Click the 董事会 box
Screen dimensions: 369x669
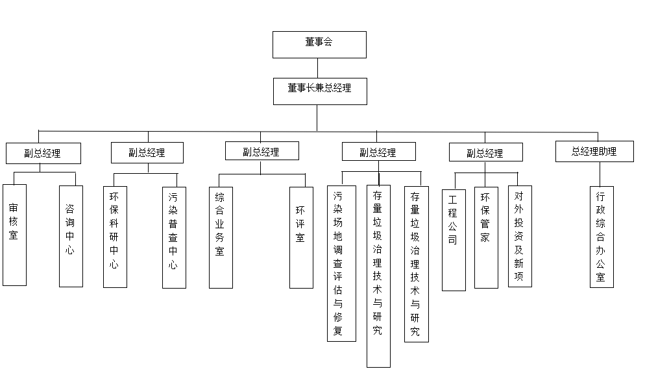click(319, 45)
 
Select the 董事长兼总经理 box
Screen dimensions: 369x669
click(319, 91)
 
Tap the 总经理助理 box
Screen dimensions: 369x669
click(594, 152)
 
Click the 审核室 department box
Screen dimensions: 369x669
click(14, 235)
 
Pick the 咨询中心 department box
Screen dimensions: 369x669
click(71, 237)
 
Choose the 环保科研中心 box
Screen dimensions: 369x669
click(115, 237)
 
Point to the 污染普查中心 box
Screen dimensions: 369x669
click(173, 238)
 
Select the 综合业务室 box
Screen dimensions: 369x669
click(221, 237)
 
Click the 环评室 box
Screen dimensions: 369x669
click(301, 237)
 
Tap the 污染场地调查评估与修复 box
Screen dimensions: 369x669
click(341, 263)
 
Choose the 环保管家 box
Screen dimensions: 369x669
click(486, 238)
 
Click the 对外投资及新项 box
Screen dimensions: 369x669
click(520, 237)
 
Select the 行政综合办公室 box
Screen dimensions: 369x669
click(602, 237)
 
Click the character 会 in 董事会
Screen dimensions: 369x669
click(329, 42)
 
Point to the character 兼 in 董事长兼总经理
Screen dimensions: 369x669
click(319, 88)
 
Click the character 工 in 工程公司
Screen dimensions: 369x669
click(453, 197)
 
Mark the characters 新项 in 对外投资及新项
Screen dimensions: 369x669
click(519, 271)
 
